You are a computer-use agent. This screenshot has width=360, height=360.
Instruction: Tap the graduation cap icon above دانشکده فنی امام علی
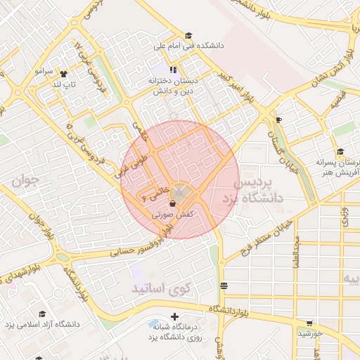tap(188, 36)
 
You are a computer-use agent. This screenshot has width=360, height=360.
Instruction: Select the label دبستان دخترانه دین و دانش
tap(173, 86)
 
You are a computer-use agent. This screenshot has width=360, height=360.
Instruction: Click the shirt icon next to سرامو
tap(64, 72)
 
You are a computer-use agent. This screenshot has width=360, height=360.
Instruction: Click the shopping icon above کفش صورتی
tap(173, 203)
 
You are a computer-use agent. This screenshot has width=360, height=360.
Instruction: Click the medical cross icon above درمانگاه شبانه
tap(174, 317)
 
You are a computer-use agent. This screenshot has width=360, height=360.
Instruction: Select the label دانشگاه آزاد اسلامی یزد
tap(43, 324)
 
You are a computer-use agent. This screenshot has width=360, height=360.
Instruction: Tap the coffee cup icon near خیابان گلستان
tap(279, 120)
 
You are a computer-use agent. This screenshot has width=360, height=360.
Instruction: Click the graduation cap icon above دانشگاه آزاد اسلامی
tap(42, 314)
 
